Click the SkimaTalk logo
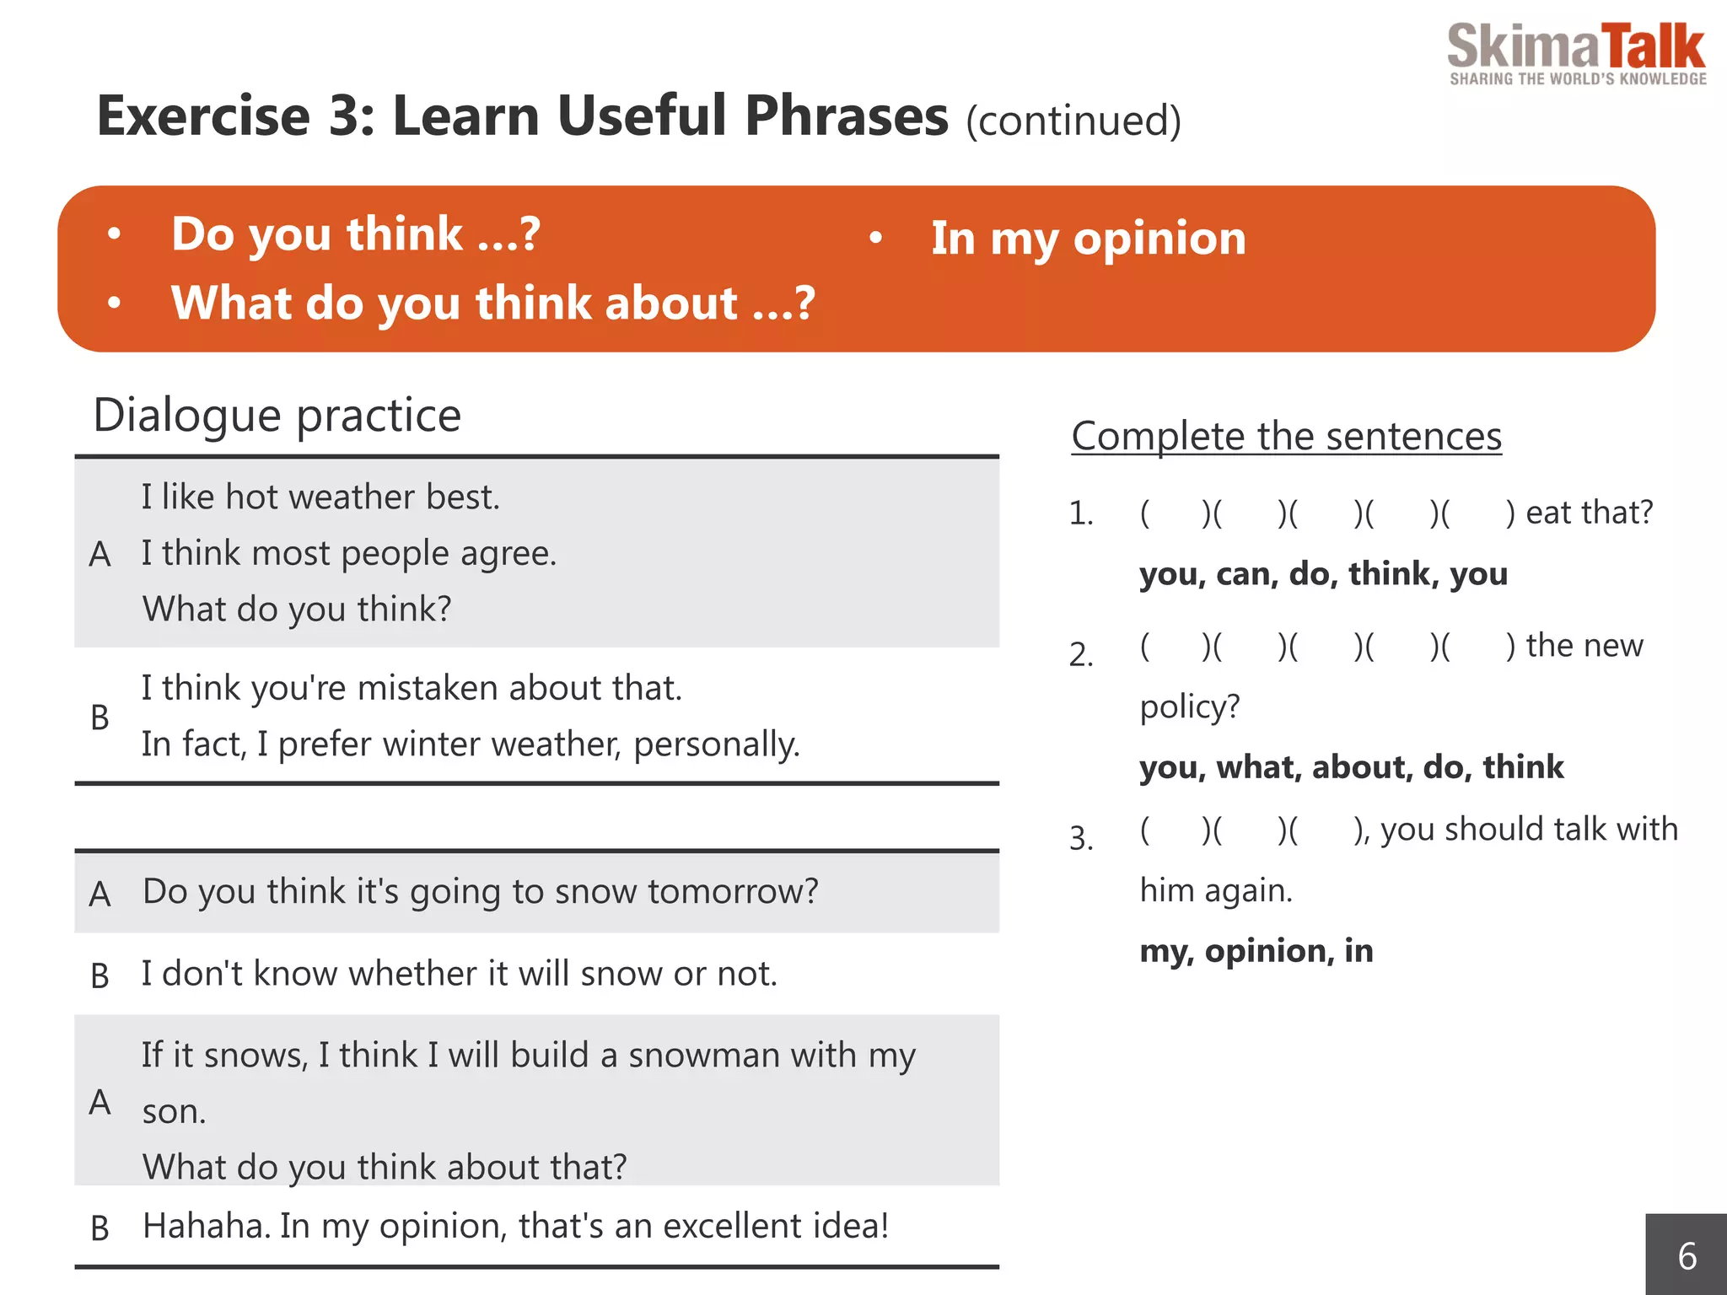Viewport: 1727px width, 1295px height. (1575, 52)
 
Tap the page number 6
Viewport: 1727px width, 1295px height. (1687, 1256)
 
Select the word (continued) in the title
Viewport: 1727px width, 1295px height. (1073, 121)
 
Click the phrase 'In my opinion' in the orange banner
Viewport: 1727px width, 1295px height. (1088, 239)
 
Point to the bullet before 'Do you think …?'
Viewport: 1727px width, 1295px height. (115, 234)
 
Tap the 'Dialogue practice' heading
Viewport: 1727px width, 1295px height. (277, 415)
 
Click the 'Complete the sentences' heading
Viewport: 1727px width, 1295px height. (1286, 437)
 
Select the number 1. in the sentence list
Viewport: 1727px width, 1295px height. (1081, 513)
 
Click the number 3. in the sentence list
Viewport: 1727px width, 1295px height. (1081, 838)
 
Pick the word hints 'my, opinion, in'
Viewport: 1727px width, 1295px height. (1256, 951)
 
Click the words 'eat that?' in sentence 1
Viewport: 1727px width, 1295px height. (1589, 513)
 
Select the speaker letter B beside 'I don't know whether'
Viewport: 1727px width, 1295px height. (100, 975)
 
